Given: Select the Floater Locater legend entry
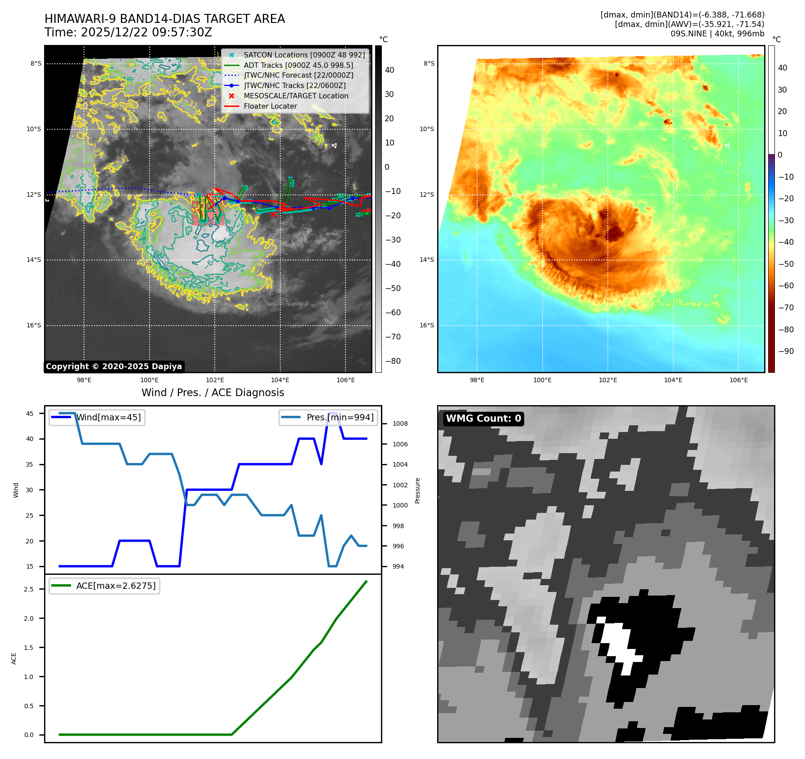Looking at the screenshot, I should tap(270, 106).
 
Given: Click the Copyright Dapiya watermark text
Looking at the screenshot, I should tap(114, 366).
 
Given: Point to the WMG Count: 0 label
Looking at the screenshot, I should tap(483, 419).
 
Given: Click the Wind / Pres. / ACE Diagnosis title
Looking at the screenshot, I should tap(212, 393).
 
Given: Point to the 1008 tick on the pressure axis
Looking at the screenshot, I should tap(400, 424).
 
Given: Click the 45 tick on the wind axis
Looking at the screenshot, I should tap(30, 414).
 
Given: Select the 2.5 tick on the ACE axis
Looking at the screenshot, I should tap(29, 589).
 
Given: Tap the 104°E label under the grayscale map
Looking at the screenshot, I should tap(280, 380).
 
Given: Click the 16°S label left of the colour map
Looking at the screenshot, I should tap(427, 325).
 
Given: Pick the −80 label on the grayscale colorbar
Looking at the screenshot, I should tap(393, 361).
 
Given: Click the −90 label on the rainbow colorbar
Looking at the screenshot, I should tap(786, 351).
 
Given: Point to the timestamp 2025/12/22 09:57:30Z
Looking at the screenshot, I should tap(146, 32).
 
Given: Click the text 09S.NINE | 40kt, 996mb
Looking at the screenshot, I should tap(717, 34).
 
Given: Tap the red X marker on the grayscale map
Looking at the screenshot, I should tap(273, 214).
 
